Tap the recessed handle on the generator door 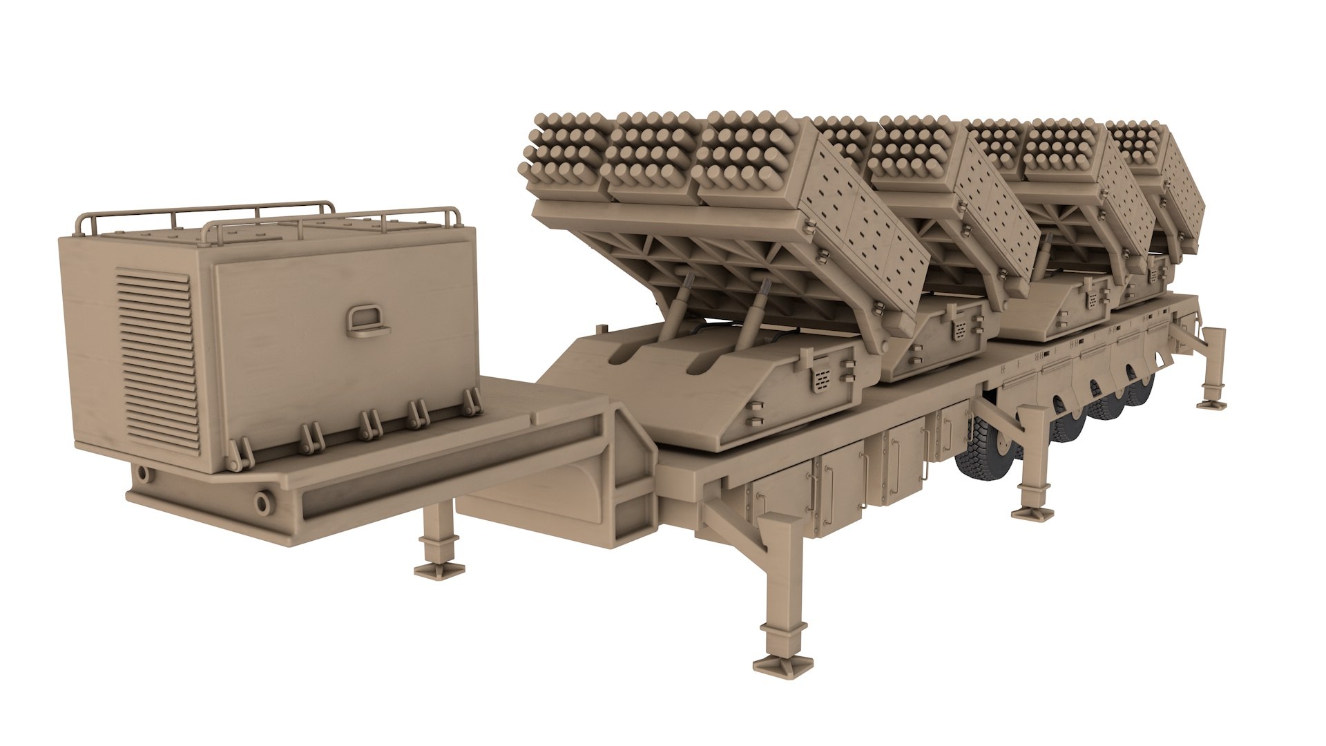364,321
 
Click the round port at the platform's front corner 263,501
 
